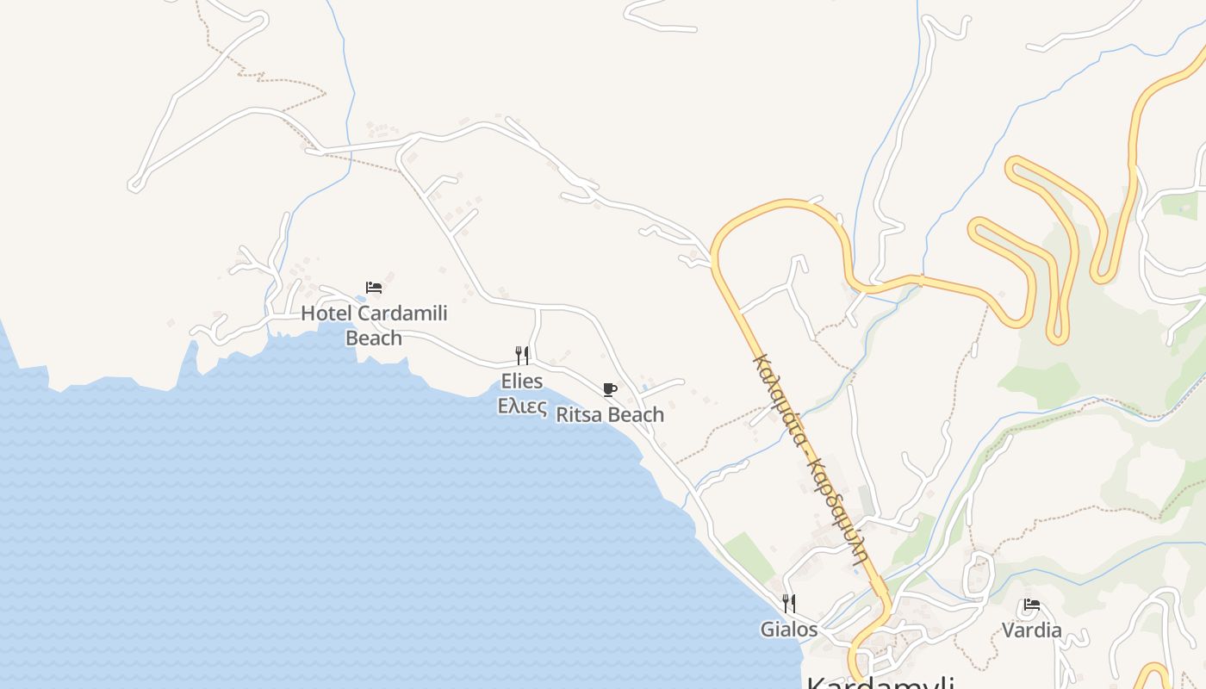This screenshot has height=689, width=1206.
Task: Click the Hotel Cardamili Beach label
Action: pyautogui.click(x=374, y=325)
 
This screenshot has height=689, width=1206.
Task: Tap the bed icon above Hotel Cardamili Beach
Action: pyautogui.click(x=374, y=288)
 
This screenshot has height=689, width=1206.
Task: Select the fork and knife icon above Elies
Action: pyautogui.click(x=522, y=355)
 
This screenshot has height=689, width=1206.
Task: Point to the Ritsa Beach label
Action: pyautogui.click(x=610, y=414)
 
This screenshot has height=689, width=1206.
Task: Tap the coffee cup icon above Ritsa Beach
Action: pyautogui.click(x=610, y=389)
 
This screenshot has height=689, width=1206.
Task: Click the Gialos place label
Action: pyautogui.click(x=788, y=630)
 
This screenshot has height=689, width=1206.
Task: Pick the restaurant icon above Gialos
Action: pyautogui.click(x=788, y=603)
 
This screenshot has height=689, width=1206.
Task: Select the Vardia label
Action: pyautogui.click(x=1032, y=630)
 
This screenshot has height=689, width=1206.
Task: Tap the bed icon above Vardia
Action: pyautogui.click(x=1032, y=605)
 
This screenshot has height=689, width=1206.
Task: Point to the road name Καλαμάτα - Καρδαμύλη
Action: pyautogui.click(x=810, y=456)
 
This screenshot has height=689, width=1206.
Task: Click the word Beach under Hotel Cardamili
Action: pyautogui.click(x=374, y=338)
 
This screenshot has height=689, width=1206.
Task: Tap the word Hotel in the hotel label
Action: pyautogui.click(x=326, y=313)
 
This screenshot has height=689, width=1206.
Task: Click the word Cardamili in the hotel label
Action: pyautogui.click(x=402, y=313)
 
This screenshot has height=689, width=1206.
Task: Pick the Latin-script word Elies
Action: pyautogui.click(x=522, y=381)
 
